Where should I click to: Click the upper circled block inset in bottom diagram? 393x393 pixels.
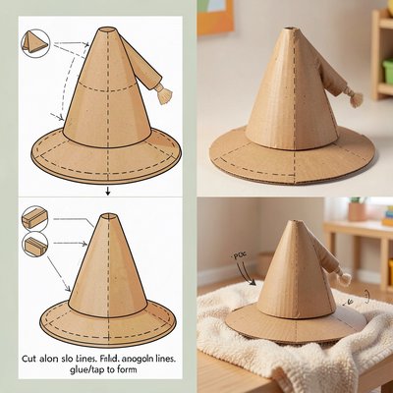[34, 218]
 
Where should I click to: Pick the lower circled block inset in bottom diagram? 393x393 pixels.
[34, 246]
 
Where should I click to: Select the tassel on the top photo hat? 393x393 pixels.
[355, 98]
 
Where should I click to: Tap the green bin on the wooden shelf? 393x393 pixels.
[387, 71]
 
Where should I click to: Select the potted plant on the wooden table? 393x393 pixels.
[357, 208]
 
